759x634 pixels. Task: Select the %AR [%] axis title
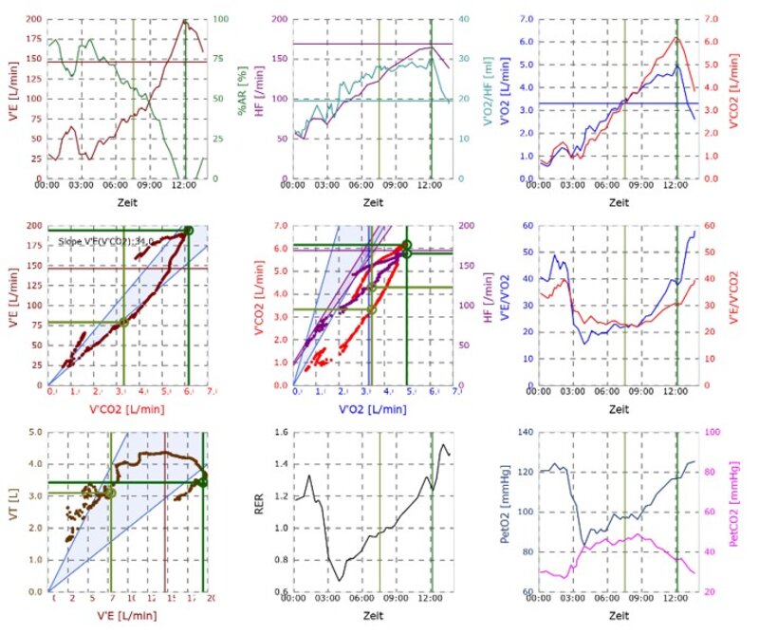[245, 98]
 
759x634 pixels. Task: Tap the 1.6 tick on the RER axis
[282, 432]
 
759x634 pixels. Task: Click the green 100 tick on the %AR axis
[217, 19]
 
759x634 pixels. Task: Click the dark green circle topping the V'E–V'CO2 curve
[189, 231]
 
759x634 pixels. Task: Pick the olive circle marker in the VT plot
[110, 493]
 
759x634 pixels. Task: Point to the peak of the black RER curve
[443, 445]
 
